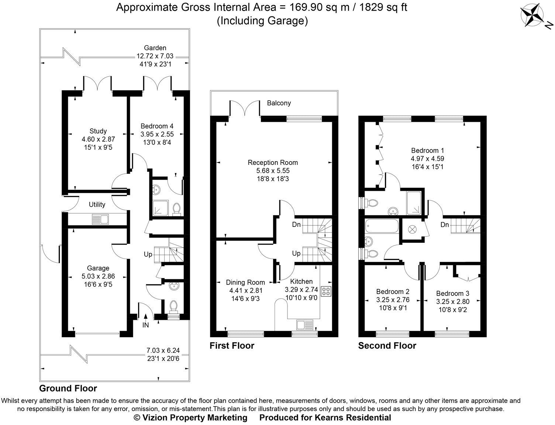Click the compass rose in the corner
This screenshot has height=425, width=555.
pyautogui.click(x=531, y=16)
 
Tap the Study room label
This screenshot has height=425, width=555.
pyautogui.click(x=98, y=131)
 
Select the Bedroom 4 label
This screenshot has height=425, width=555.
pyautogui.click(x=157, y=126)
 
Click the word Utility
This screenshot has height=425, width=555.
pyautogui.click(x=97, y=204)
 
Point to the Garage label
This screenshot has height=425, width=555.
pyautogui.click(x=98, y=268)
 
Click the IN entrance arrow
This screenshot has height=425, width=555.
pyautogui.click(x=146, y=317)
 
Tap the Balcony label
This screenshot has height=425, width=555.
pyautogui.click(x=279, y=103)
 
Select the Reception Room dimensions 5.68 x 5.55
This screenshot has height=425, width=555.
pyautogui.click(x=273, y=170)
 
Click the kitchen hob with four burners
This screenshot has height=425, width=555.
pyautogui.click(x=326, y=291)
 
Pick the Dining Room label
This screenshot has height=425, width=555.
pyautogui.click(x=245, y=282)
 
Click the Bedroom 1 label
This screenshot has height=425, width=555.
pyautogui.click(x=428, y=151)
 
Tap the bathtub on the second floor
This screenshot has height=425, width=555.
pyautogui.click(x=382, y=226)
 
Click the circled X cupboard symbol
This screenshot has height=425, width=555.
pyautogui.click(x=412, y=229)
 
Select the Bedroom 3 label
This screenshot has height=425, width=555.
pyautogui.click(x=453, y=293)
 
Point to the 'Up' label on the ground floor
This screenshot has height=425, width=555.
pyautogui.click(x=148, y=255)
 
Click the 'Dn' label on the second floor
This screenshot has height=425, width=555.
pyautogui.click(x=445, y=225)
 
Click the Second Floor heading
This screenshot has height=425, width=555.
pyautogui.click(x=387, y=346)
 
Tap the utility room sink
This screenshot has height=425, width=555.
pyautogui.click(x=100, y=219)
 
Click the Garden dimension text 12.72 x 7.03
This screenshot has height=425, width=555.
pyautogui.click(x=155, y=56)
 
